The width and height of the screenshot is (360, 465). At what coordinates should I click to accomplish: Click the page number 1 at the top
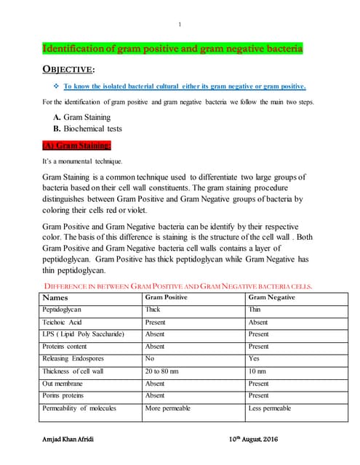point(180,25)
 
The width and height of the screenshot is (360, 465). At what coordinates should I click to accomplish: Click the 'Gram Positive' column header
point(167,298)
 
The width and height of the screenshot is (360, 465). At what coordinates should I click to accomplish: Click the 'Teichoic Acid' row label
point(63,322)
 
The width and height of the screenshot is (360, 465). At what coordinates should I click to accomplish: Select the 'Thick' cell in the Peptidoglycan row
point(153,310)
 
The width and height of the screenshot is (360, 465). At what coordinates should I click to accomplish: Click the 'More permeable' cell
point(168,408)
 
